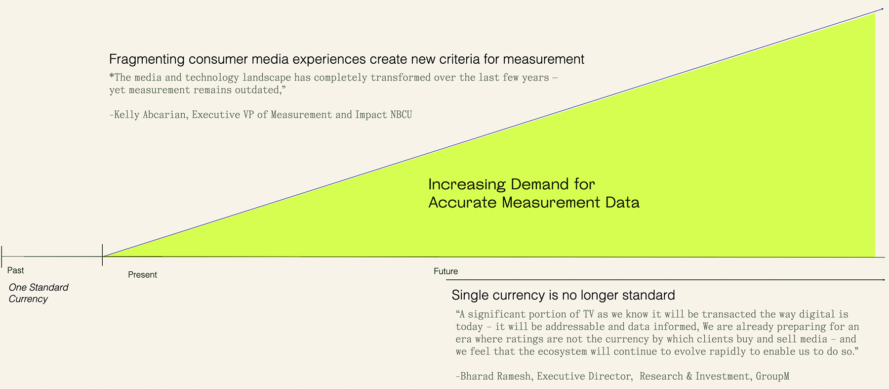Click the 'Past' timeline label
tap(15, 270)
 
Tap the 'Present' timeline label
tap(142, 275)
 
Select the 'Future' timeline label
tap(445, 271)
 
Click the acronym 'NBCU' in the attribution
tap(401, 115)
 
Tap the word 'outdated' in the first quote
tap(260, 90)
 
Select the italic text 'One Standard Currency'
tap(39, 293)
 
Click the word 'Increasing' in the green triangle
tap(467, 184)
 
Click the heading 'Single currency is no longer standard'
tap(563, 295)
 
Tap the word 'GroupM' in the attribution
tap(772, 376)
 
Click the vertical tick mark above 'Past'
tap(2, 256)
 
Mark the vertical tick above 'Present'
tap(102, 255)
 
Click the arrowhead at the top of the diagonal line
tap(882, 9)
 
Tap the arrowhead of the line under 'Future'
tap(883, 280)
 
